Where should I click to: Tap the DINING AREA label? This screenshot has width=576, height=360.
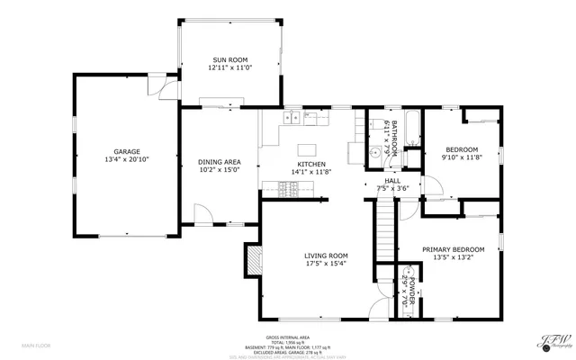(x=219, y=162)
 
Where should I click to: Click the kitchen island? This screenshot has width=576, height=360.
(x=309, y=148)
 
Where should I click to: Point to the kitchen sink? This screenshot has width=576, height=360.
(x=292, y=117)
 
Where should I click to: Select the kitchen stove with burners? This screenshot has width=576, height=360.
(x=290, y=188)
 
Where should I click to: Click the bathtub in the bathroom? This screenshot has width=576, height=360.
(x=409, y=129)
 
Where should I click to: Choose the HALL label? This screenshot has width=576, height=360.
(x=392, y=180)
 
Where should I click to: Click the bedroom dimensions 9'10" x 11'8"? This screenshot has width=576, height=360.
(x=460, y=157)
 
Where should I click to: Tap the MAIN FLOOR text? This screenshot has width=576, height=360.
(x=38, y=346)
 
